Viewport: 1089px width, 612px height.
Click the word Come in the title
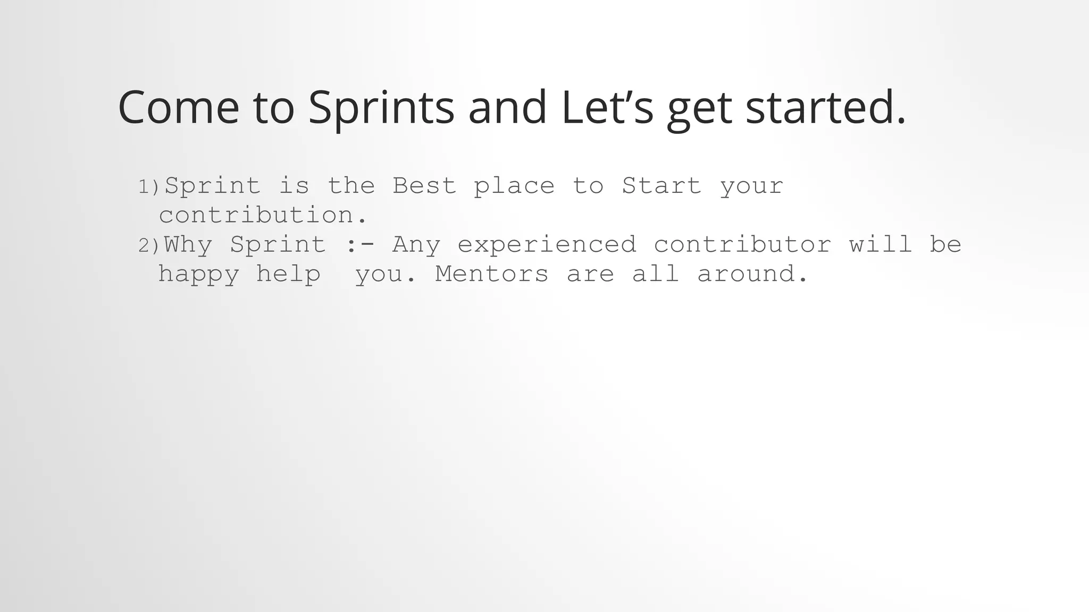[x=179, y=107]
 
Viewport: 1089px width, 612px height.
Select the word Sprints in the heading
[x=381, y=107]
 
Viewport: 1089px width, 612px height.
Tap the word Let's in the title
[x=607, y=107]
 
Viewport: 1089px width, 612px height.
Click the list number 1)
[x=148, y=187]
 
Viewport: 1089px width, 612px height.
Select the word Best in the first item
[x=424, y=186]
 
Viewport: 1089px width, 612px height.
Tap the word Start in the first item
[x=661, y=186]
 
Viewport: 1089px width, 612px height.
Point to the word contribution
[x=263, y=216]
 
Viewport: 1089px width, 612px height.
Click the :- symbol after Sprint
[x=359, y=245]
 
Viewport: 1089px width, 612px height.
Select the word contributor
[x=742, y=245]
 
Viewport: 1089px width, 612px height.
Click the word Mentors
[x=491, y=274]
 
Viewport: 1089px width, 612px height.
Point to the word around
[x=752, y=274]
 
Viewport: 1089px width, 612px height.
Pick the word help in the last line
[x=289, y=275]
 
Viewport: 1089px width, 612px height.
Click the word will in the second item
[x=881, y=244]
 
